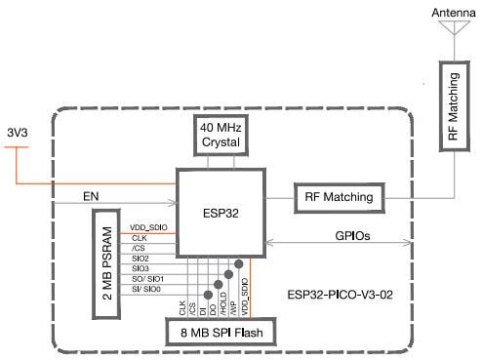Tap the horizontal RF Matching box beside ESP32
(x=334, y=197)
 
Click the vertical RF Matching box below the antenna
(x=453, y=111)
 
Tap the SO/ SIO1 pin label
(x=145, y=279)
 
